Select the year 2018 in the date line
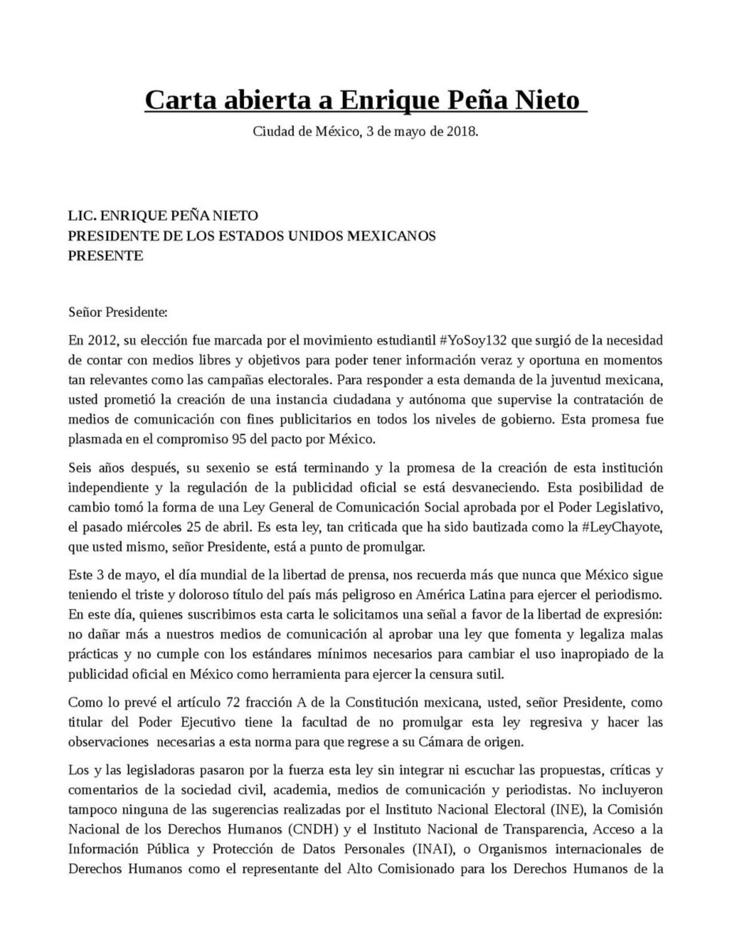(x=461, y=132)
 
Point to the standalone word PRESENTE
(x=105, y=256)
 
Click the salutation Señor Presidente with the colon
(x=118, y=312)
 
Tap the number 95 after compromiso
(x=238, y=439)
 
